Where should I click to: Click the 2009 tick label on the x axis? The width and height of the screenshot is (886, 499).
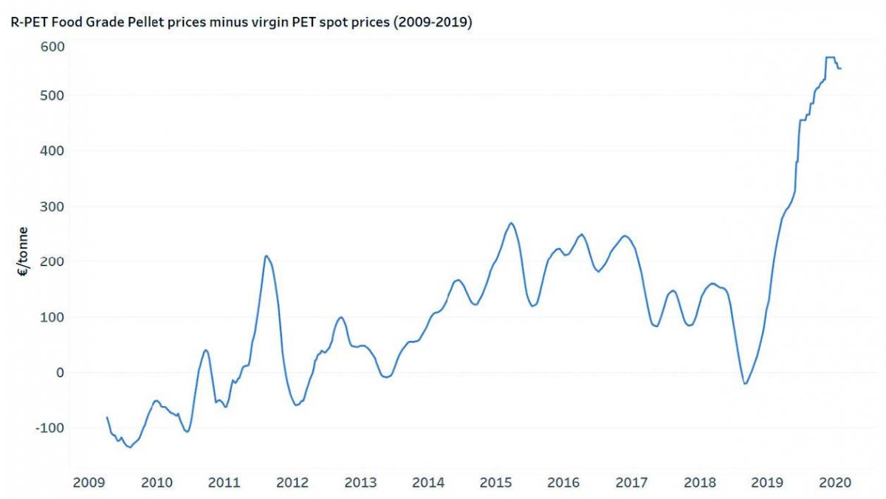[x=88, y=483]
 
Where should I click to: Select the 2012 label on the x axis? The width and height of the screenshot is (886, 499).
[x=292, y=483]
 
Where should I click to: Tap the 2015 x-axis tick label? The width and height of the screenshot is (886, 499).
[x=496, y=483]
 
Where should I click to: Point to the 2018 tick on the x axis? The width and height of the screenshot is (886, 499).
[x=700, y=483]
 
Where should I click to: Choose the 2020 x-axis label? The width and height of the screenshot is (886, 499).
[x=836, y=483]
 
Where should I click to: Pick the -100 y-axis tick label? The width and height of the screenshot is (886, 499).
[x=49, y=428]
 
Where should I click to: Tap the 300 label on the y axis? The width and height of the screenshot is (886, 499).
[x=52, y=207]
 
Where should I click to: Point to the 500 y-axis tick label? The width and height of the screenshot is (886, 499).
[x=52, y=96]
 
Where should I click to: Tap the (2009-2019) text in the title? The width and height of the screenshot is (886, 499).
[x=433, y=23]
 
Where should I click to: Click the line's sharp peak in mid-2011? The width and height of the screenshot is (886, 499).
[x=266, y=256]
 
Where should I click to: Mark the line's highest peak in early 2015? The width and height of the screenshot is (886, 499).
[x=511, y=223]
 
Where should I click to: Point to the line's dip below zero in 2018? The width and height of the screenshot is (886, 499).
[x=745, y=384]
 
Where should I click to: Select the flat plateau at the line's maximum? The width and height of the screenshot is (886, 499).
[x=830, y=57]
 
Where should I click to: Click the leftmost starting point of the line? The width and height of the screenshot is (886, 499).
[x=107, y=418]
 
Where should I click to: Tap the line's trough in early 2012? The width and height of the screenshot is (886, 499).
[x=296, y=405]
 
